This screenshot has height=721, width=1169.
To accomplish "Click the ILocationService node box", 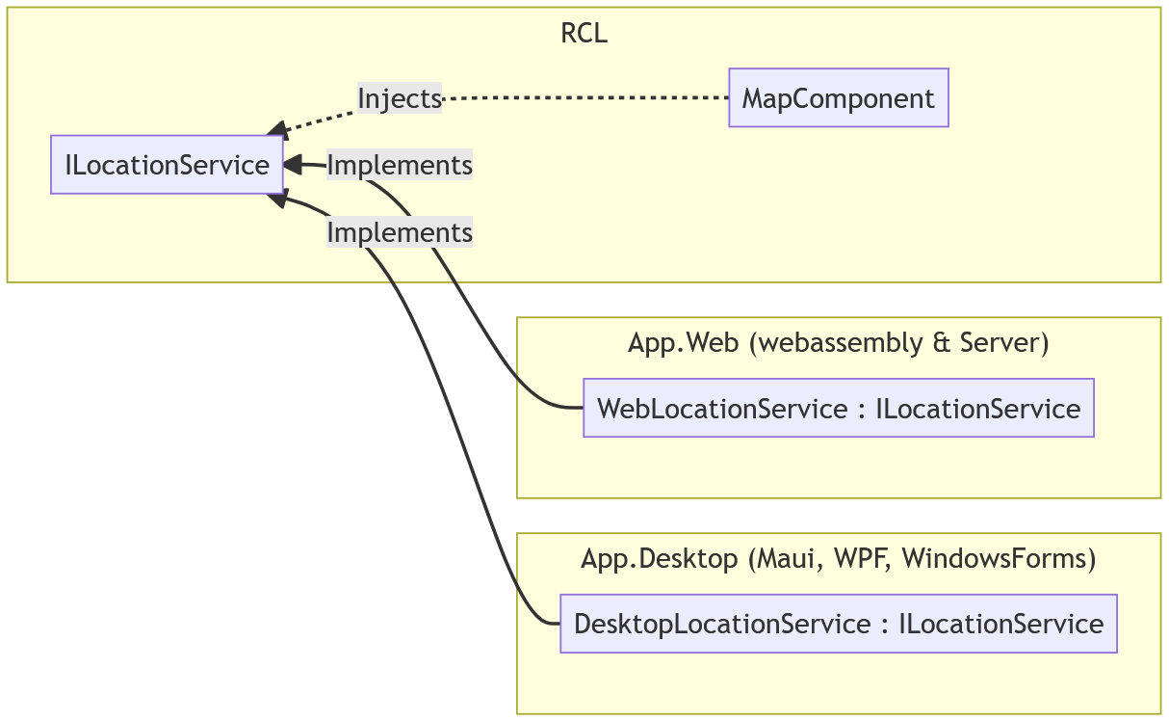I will [x=167, y=165].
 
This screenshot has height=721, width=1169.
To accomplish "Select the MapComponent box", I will [x=838, y=97].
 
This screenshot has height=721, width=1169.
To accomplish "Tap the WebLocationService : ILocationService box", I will [x=838, y=408].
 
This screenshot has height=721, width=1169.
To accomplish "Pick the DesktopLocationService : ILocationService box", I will [x=838, y=624].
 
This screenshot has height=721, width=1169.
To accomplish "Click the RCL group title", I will [x=584, y=34].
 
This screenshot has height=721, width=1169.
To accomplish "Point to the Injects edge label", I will [x=400, y=97].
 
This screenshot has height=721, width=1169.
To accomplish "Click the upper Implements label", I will [x=400, y=165].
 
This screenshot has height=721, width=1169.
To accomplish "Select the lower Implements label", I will [x=400, y=232].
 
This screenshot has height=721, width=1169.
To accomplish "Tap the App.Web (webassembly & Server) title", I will [x=838, y=343].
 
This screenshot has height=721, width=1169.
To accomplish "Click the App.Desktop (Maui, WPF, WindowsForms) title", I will [x=838, y=559].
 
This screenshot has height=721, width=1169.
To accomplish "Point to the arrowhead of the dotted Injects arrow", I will [x=276, y=130].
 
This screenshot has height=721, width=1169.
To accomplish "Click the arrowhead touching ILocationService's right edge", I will [x=292, y=165].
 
